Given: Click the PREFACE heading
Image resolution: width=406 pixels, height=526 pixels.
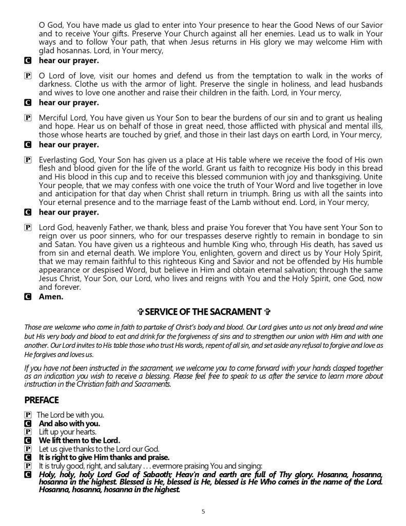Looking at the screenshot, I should pyautogui.click(x=42, y=400).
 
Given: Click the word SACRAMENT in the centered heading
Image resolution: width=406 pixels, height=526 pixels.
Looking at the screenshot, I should pyautogui.click(x=238, y=312).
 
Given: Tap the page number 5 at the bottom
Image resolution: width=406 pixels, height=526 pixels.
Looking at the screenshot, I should pyautogui.click(x=203, y=511).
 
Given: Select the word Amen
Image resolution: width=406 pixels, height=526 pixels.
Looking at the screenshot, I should pyautogui.click(x=51, y=296).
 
